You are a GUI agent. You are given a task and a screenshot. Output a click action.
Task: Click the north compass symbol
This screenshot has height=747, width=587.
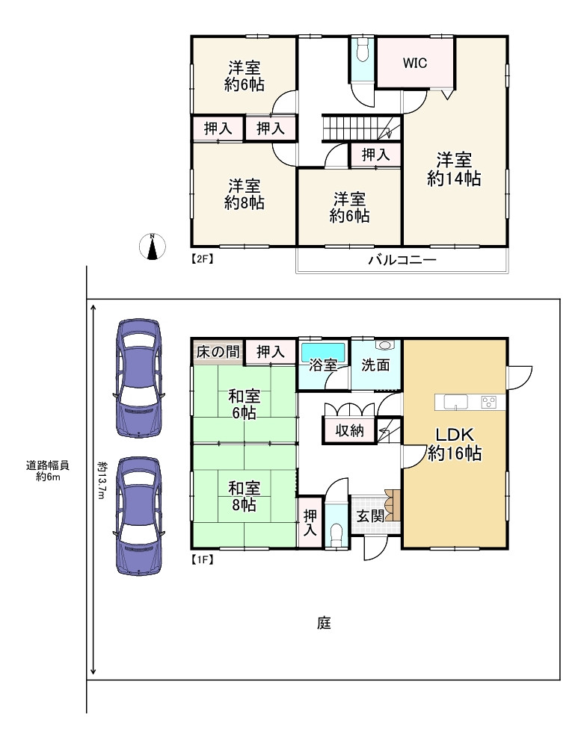click(x=153, y=247)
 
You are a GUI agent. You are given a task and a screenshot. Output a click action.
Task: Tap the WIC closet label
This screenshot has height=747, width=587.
click(x=415, y=63)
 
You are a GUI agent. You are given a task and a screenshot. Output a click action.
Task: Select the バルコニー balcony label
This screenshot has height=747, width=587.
click(x=402, y=261)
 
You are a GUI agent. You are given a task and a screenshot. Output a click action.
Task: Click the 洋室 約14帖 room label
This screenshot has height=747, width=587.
click(x=454, y=169)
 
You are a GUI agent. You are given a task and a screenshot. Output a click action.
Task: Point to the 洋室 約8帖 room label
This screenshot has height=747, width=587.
click(x=245, y=193)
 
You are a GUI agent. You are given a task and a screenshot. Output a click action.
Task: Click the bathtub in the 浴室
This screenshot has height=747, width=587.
click(x=323, y=351)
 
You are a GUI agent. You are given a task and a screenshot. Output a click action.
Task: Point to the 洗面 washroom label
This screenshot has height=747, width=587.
click(x=375, y=366)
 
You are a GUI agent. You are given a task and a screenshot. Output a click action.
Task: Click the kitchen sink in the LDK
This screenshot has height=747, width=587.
click(x=455, y=402)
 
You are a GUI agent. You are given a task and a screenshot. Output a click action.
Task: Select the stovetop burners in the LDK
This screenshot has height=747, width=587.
click(x=489, y=402)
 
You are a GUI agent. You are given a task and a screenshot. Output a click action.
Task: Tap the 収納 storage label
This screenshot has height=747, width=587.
click(x=349, y=431)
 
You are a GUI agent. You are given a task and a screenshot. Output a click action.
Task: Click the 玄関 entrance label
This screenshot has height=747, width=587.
click(x=369, y=516)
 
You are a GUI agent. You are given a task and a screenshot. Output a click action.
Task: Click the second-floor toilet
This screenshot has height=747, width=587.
click(x=363, y=53)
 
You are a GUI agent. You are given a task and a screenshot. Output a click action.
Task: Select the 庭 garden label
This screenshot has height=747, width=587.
click(x=323, y=622)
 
